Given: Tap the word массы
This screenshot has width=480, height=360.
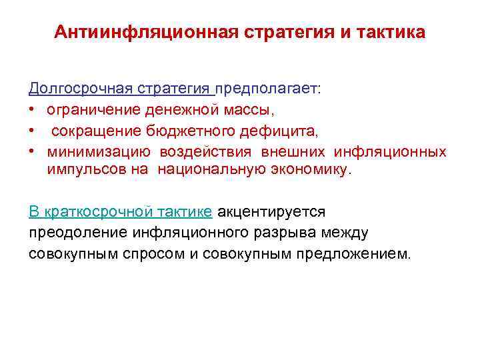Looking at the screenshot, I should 244,109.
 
